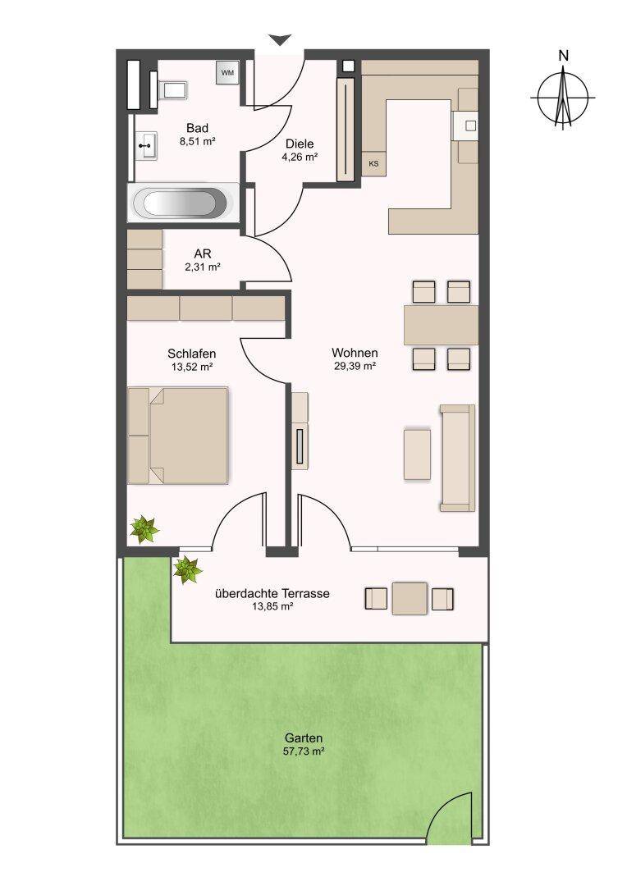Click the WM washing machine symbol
(x=227, y=72)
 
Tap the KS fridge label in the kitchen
(x=373, y=164)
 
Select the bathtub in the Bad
(x=183, y=203)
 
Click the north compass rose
(x=563, y=95)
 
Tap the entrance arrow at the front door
(x=279, y=40)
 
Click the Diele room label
(x=300, y=144)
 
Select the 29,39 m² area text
(x=355, y=366)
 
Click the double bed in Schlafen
(x=177, y=435)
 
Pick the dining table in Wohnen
(x=441, y=325)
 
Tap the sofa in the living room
(x=457, y=458)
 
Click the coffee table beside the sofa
(x=417, y=454)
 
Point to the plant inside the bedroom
(x=144, y=529)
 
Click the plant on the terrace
(x=187, y=569)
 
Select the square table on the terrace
(x=410, y=598)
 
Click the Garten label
(x=304, y=738)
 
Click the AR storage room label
(x=203, y=254)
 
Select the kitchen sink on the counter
(x=469, y=126)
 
